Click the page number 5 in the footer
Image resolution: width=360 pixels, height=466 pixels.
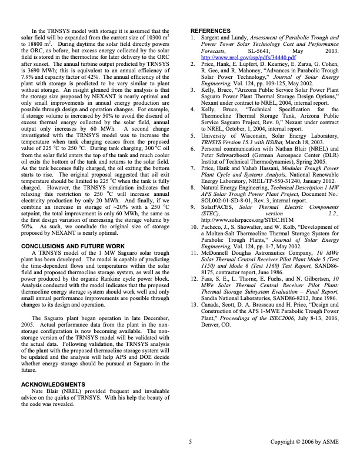(190, 441)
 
